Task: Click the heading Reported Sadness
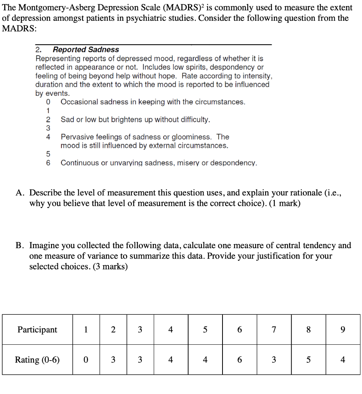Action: (x=85, y=50)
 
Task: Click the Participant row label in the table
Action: (x=37, y=330)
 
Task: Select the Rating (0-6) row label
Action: (x=37, y=360)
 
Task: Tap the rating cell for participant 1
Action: (x=86, y=360)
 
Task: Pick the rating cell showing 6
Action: (x=239, y=360)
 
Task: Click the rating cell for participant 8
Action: (x=308, y=360)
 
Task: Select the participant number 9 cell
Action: (x=343, y=330)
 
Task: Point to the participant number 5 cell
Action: (x=205, y=330)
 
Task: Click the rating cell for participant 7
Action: (x=274, y=360)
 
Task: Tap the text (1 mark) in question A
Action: (x=285, y=204)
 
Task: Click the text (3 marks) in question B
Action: (x=109, y=267)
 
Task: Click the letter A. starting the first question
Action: (x=21, y=193)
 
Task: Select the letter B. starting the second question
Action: (x=21, y=245)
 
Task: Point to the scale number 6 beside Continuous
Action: (x=48, y=163)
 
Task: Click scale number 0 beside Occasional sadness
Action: (x=48, y=102)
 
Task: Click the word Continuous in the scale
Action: (x=79, y=163)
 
